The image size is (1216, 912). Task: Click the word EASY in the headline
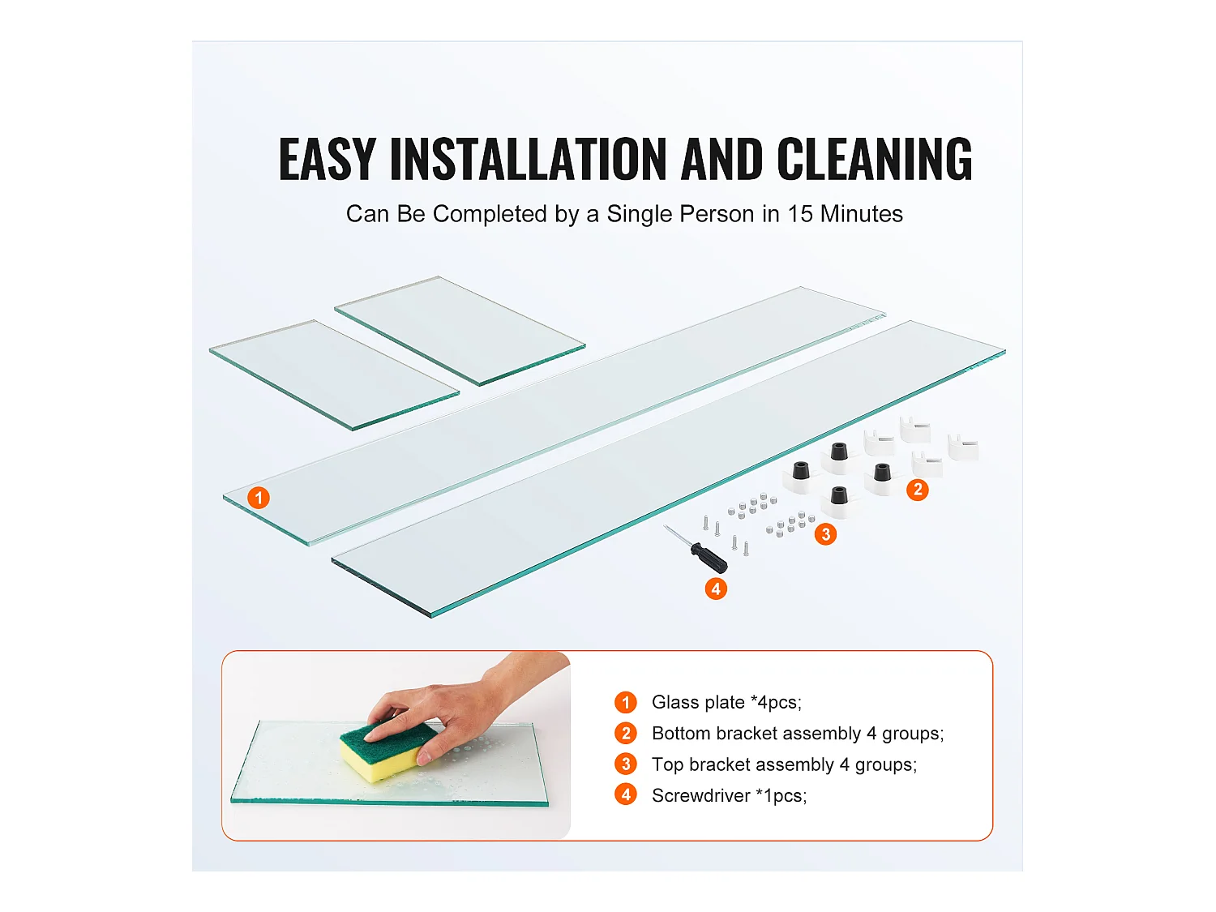(327, 159)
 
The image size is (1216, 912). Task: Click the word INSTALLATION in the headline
(528, 159)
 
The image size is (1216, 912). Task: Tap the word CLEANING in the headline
(874, 159)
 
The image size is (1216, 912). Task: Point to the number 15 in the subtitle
(800, 214)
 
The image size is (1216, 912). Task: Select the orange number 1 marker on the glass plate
(258, 497)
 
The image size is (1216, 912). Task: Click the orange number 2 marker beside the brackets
(918, 490)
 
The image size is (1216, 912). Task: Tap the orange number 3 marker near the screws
(825, 533)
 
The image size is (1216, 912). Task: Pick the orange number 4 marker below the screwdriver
(716, 589)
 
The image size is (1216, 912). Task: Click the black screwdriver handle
(709, 557)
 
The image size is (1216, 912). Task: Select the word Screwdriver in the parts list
(700, 796)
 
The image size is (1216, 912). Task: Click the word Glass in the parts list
(675, 702)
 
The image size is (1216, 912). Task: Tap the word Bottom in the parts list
(681, 733)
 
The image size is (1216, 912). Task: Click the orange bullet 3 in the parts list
(626, 764)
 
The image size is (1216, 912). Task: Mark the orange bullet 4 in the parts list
(626, 795)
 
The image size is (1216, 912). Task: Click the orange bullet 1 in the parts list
(626, 702)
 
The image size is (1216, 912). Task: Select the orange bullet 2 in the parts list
(626, 733)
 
